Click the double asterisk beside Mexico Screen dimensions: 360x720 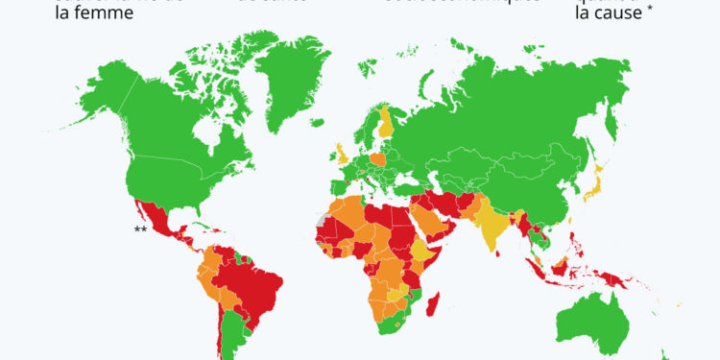[x=140, y=228]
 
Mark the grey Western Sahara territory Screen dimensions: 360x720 [x=320, y=220]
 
